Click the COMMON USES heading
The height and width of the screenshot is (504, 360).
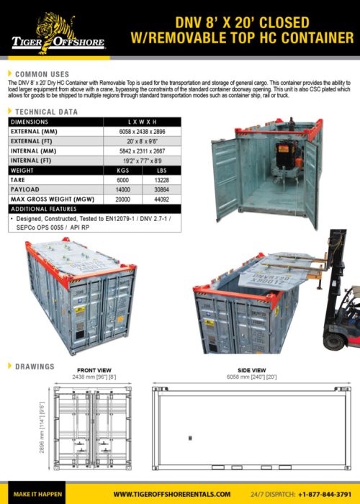(42, 74)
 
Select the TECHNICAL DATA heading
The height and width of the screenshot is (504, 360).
(46, 112)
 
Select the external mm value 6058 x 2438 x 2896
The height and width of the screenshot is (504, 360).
(144, 132)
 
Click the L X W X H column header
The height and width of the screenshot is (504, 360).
(144, 122)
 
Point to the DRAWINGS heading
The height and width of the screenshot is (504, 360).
(35, 366)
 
